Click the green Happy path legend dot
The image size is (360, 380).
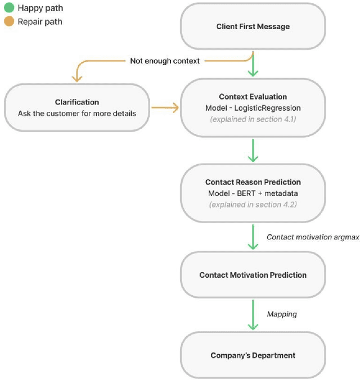(8, 9)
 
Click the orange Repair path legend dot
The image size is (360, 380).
(8, 22)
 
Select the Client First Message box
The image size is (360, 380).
(253, 27)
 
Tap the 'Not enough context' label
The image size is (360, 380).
(165, 61)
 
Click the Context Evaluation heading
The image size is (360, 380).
(253, 97)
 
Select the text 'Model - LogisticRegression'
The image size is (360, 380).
(253, 107)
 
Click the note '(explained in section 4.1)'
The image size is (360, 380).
(253, 119)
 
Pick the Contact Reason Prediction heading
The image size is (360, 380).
(253, 183)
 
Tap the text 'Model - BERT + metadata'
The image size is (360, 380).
(253, 193)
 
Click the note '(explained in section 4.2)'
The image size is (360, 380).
(253, 205)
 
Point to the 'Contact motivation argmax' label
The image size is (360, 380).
(312, 237)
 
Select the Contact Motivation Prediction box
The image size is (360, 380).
(253, 275)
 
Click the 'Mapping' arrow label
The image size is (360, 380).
(281, 314)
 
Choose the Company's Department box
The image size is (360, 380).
(253, 355)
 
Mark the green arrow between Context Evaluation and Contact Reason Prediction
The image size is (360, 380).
(253, 151)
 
